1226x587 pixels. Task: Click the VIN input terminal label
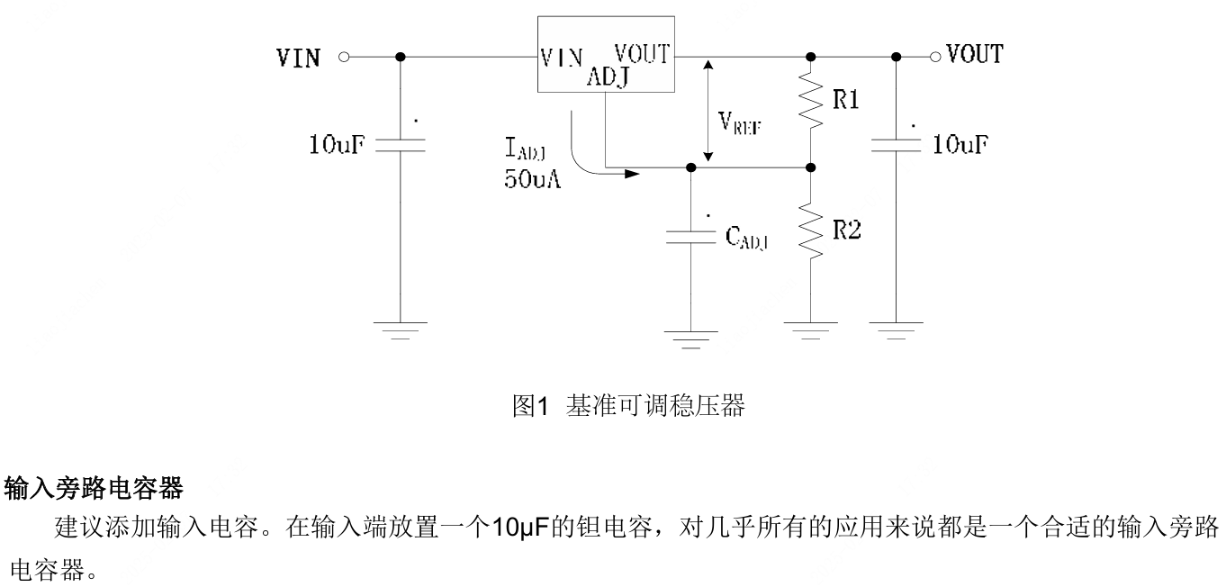298,59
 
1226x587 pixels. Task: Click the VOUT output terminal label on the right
974,56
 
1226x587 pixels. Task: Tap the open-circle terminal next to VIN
343,58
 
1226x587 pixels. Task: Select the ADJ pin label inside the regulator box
608,78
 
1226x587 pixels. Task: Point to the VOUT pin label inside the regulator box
641,55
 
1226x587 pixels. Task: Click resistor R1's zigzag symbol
812,102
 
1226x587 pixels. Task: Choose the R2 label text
847,230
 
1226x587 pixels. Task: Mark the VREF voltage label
740,123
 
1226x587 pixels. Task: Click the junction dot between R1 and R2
811,167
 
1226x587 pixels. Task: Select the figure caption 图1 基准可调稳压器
628,407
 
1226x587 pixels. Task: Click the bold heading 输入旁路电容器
94,490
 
